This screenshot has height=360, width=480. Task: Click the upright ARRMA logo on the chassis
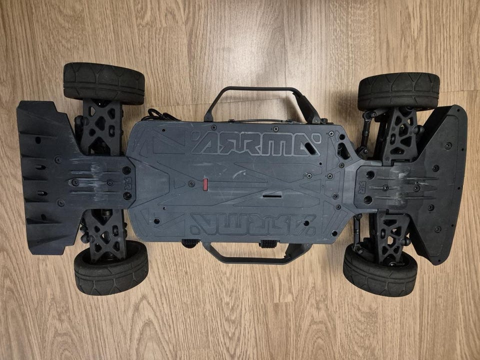point(256,143)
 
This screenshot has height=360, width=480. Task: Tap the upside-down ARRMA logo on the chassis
point(253,224)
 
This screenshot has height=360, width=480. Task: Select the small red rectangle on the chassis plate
point(205,184)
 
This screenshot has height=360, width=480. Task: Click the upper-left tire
point(104,83)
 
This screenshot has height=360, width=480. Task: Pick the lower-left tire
point(111,267)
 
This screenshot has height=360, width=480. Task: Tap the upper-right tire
point(398,91)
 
